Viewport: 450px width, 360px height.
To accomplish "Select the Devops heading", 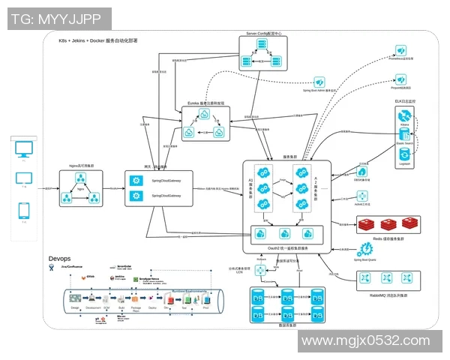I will tap(60, 259).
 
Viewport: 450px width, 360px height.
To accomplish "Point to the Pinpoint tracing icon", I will tap(400, 78).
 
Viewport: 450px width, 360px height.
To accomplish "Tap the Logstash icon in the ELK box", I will tap(404, 154).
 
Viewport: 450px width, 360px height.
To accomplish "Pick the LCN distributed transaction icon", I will tap(260, 270).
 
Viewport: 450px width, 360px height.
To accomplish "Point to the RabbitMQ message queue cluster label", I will tap(386, 295).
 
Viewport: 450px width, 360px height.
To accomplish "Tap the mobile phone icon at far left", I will tap(23, 211).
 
